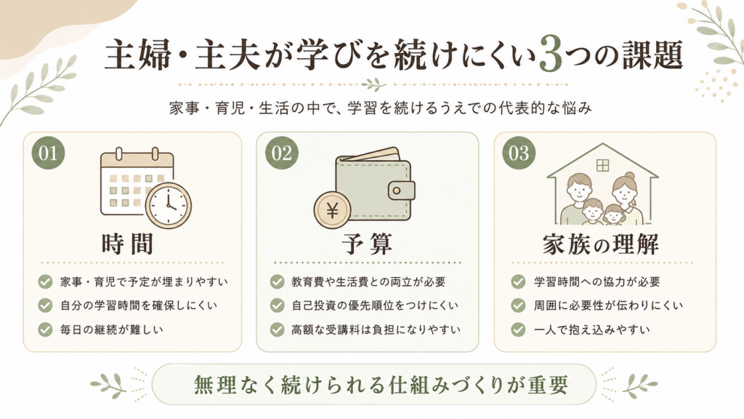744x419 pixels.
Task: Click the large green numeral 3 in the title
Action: click(x=551, y=55)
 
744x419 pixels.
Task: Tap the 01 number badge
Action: click(x=48, y=153)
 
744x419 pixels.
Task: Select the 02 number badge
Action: click(x=281, y=153)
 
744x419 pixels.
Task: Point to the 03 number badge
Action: click(x=519, y=153)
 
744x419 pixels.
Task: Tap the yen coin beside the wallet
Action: click(x=332, y=210)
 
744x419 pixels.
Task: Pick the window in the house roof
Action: click(x=602, y=165)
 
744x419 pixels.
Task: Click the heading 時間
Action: click(x=127, y=244)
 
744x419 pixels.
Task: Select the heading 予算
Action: click(x=367, y=244)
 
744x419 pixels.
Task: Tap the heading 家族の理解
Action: click(x=601, y=244)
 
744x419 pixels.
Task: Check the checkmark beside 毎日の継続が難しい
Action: click(x=45, y=330)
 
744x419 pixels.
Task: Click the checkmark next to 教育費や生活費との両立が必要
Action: click(x=277, y=282)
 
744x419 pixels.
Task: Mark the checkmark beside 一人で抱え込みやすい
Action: click(x=518, y=330)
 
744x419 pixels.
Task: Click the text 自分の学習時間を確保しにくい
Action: click(x=139, y=306)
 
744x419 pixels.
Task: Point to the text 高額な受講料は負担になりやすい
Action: click(x=376, y=330)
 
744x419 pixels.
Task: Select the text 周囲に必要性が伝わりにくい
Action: click(x=608, y=306)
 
